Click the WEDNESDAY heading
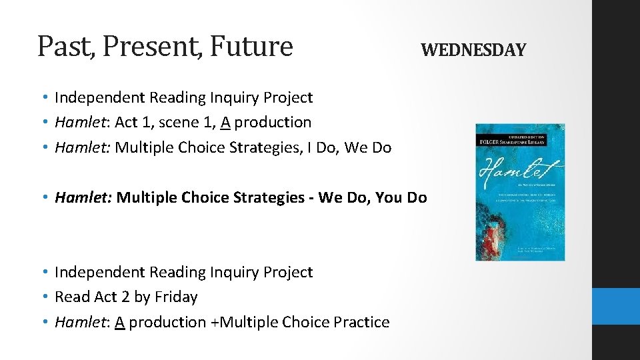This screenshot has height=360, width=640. [x=473, y=50]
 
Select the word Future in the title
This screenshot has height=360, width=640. [x=255, y=47]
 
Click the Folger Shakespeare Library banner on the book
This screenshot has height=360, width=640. [x=519, y=138]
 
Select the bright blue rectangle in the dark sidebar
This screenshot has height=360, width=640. [x=615, y=306]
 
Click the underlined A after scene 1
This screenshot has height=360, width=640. [x=226, y=123]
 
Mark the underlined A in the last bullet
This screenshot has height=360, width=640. [x=120, y=322]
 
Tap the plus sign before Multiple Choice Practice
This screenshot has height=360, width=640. [x=214, y=322]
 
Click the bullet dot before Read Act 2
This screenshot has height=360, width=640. [x=43, y=297]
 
